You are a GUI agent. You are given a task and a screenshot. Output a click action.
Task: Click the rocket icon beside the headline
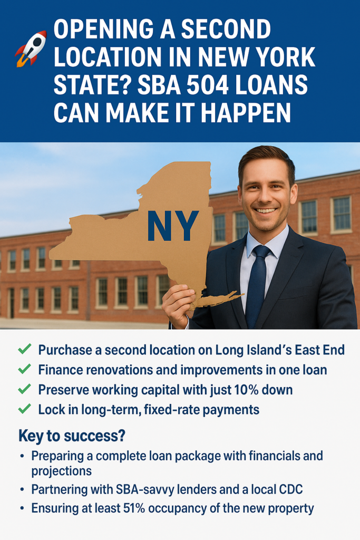31,48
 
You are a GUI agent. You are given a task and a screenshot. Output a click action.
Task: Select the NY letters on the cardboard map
173,226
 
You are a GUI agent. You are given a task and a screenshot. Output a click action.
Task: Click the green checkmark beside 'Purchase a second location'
24,349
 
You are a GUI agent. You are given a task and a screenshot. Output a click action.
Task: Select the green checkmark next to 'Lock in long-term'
24,409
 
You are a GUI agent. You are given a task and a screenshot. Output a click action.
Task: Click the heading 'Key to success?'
72,436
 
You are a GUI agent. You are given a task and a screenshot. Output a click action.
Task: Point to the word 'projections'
62,471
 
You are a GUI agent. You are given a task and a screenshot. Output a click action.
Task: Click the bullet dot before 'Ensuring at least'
22,508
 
